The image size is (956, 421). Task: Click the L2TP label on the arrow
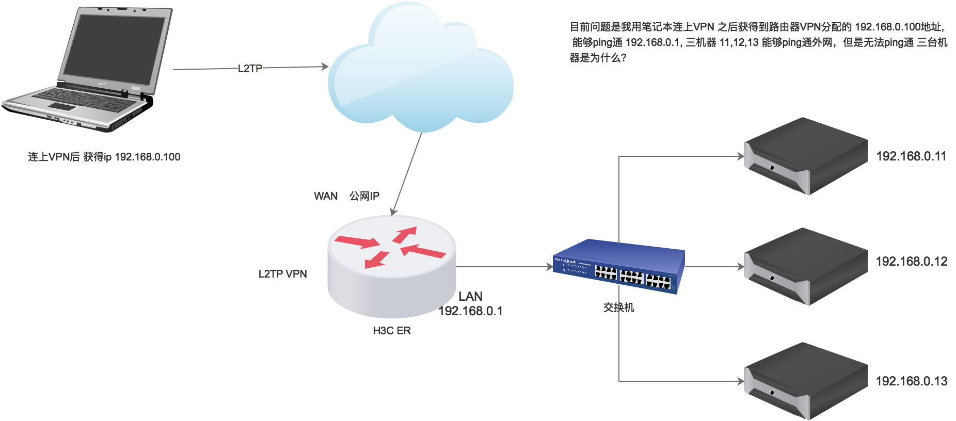(250, 68)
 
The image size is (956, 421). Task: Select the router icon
(392, 266)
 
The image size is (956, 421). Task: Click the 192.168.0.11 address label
(911, 156)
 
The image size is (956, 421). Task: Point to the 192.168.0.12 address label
(912, 262)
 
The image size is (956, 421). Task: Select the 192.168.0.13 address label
(912, 381)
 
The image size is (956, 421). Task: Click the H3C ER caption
(392, 331)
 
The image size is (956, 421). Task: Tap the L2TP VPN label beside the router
(282, 274)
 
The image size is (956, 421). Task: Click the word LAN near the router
(470, 297)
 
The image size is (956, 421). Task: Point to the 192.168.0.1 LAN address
(471, 311)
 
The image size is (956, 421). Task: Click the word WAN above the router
(326, 196)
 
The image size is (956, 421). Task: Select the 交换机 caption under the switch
(618, 307)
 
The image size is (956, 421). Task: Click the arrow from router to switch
(503, 267)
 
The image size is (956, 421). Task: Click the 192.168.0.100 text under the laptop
(147, 157)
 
